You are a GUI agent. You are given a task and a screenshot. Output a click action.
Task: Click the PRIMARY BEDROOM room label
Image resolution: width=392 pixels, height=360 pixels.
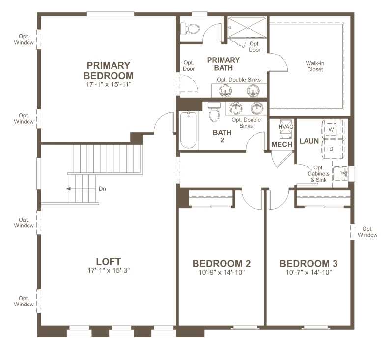[x=109, y=71]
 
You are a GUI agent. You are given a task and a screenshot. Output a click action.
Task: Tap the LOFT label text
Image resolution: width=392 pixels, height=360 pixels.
[x=109, y=261]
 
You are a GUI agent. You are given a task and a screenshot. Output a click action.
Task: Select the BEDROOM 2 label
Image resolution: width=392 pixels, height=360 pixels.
[x=222, y=264]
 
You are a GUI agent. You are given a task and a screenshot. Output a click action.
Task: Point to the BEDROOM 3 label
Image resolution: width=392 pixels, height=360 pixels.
[x=308, y=264]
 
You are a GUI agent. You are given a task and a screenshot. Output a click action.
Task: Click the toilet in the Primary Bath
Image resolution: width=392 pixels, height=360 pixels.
[x=190, y=29]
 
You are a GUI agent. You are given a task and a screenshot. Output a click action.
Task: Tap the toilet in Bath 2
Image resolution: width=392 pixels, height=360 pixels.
[x=214, y=112]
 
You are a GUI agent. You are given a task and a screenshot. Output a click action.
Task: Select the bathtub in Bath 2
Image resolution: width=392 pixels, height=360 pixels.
[x=189, y=130]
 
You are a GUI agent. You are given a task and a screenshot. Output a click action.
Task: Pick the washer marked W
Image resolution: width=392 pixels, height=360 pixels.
[x=331, y=130]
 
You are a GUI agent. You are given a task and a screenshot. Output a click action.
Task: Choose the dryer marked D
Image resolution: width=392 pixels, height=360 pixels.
[x=331, y=149]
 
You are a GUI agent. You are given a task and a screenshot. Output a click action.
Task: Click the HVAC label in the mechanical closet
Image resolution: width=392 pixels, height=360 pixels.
[x=286, y=127]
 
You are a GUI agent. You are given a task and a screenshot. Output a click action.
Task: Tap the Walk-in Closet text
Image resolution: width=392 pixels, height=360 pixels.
[x=315, y=66]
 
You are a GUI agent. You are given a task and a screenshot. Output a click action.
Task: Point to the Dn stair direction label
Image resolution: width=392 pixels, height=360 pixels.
[x=102, y=189]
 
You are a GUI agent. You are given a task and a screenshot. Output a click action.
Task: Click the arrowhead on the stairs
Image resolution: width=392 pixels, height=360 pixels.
[x=68, y=189]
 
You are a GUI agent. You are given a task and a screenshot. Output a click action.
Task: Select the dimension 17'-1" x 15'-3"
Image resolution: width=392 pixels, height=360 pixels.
[x=109, y=270]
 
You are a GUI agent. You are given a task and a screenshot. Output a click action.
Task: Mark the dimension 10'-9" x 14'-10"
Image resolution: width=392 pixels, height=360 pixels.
[x=222, y=272]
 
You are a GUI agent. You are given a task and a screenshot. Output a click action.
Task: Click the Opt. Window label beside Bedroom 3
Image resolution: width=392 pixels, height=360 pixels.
[x=367, y=232]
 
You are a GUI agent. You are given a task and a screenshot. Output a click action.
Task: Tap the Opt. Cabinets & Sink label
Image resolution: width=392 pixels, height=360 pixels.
[x=318, y=174]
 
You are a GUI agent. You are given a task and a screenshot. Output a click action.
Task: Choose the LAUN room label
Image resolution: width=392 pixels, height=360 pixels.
[x=309, y=141]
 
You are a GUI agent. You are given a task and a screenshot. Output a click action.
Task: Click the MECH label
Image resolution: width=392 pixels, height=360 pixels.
[x=282, y=144]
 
